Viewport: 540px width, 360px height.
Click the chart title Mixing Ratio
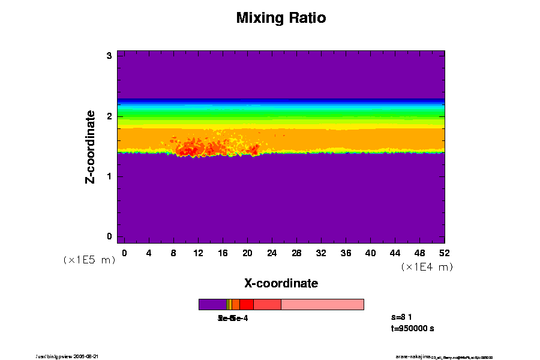[x=281, y=18]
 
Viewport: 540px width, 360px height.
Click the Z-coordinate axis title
[x=91, y=146]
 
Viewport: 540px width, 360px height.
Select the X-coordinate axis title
[x=281, y=283]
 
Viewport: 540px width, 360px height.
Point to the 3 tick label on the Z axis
[x=110, y=56]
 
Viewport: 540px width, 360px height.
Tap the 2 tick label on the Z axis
[x=110, y=116]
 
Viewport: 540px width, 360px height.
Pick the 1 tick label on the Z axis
[x=110, y=176]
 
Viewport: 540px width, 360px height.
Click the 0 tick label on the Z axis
[x=110, y=236]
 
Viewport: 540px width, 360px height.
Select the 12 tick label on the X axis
[x=198, y=253]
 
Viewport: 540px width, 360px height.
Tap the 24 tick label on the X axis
[x=272, y=253]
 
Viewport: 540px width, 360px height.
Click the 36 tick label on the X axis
[x=346, y=253]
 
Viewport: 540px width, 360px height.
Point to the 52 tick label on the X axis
[x=445, y=253]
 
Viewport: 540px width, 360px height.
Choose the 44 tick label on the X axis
[x=395, y=253]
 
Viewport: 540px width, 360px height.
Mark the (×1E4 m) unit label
[x=427, y=267]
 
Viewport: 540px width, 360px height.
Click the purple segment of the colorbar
[x=212, y=304]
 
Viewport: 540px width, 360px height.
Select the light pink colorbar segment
[x=322, y=304]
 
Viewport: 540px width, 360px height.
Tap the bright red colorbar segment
[x=246, y=304]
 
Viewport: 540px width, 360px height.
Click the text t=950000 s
[x=412, y=329]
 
